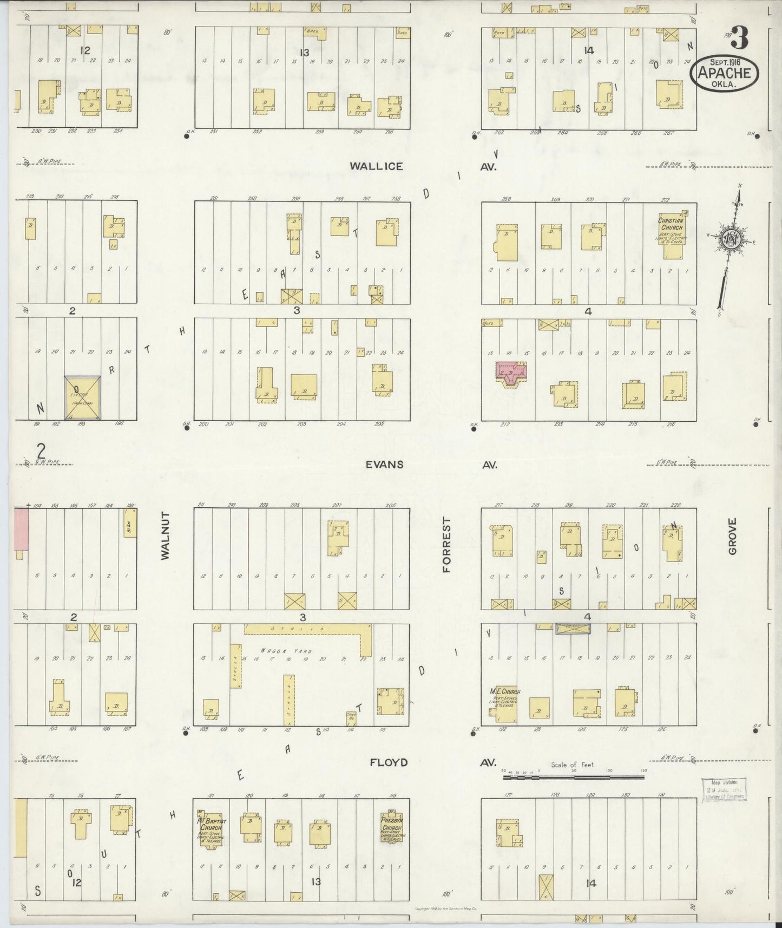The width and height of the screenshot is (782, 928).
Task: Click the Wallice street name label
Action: click(x=376, y=166)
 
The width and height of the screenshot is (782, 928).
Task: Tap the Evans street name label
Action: click(x=384, y=465)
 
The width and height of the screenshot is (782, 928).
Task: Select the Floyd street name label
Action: click(x=389, y=762)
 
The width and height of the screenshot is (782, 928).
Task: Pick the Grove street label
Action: click(x=732, y=536)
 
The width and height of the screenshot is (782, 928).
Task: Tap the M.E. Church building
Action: click(x=505, y=705)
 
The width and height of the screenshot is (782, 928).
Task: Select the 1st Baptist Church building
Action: click(x=210, y=828)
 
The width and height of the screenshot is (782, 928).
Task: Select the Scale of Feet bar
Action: click(x=573, y=777)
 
